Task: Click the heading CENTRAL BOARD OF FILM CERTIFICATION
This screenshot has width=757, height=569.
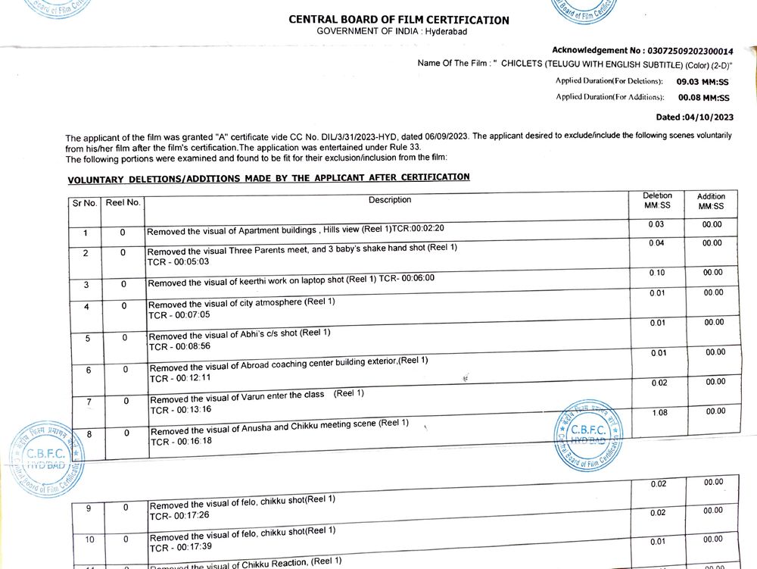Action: pos(399,20)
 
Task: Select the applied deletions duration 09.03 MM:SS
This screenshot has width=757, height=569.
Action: pos(702,80)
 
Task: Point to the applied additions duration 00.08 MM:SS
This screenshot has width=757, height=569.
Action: pos(703,98)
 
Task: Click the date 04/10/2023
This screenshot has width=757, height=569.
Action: pos(708,117)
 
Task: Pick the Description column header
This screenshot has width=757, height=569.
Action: pos(390,200)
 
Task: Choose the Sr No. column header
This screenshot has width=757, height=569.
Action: pos(85,203)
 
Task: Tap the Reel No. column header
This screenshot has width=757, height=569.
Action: pos(123,202)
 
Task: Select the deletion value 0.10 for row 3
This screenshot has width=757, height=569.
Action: pos(657,272)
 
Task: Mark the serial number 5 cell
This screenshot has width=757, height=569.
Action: pos(87,338)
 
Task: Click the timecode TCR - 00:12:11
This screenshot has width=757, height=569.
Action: pos(180,377)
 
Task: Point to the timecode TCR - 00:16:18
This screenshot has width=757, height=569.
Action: pos(181,442)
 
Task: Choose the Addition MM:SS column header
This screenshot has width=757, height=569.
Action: pos(710,201)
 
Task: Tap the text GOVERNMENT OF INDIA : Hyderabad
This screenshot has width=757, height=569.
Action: pos(382,30)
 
